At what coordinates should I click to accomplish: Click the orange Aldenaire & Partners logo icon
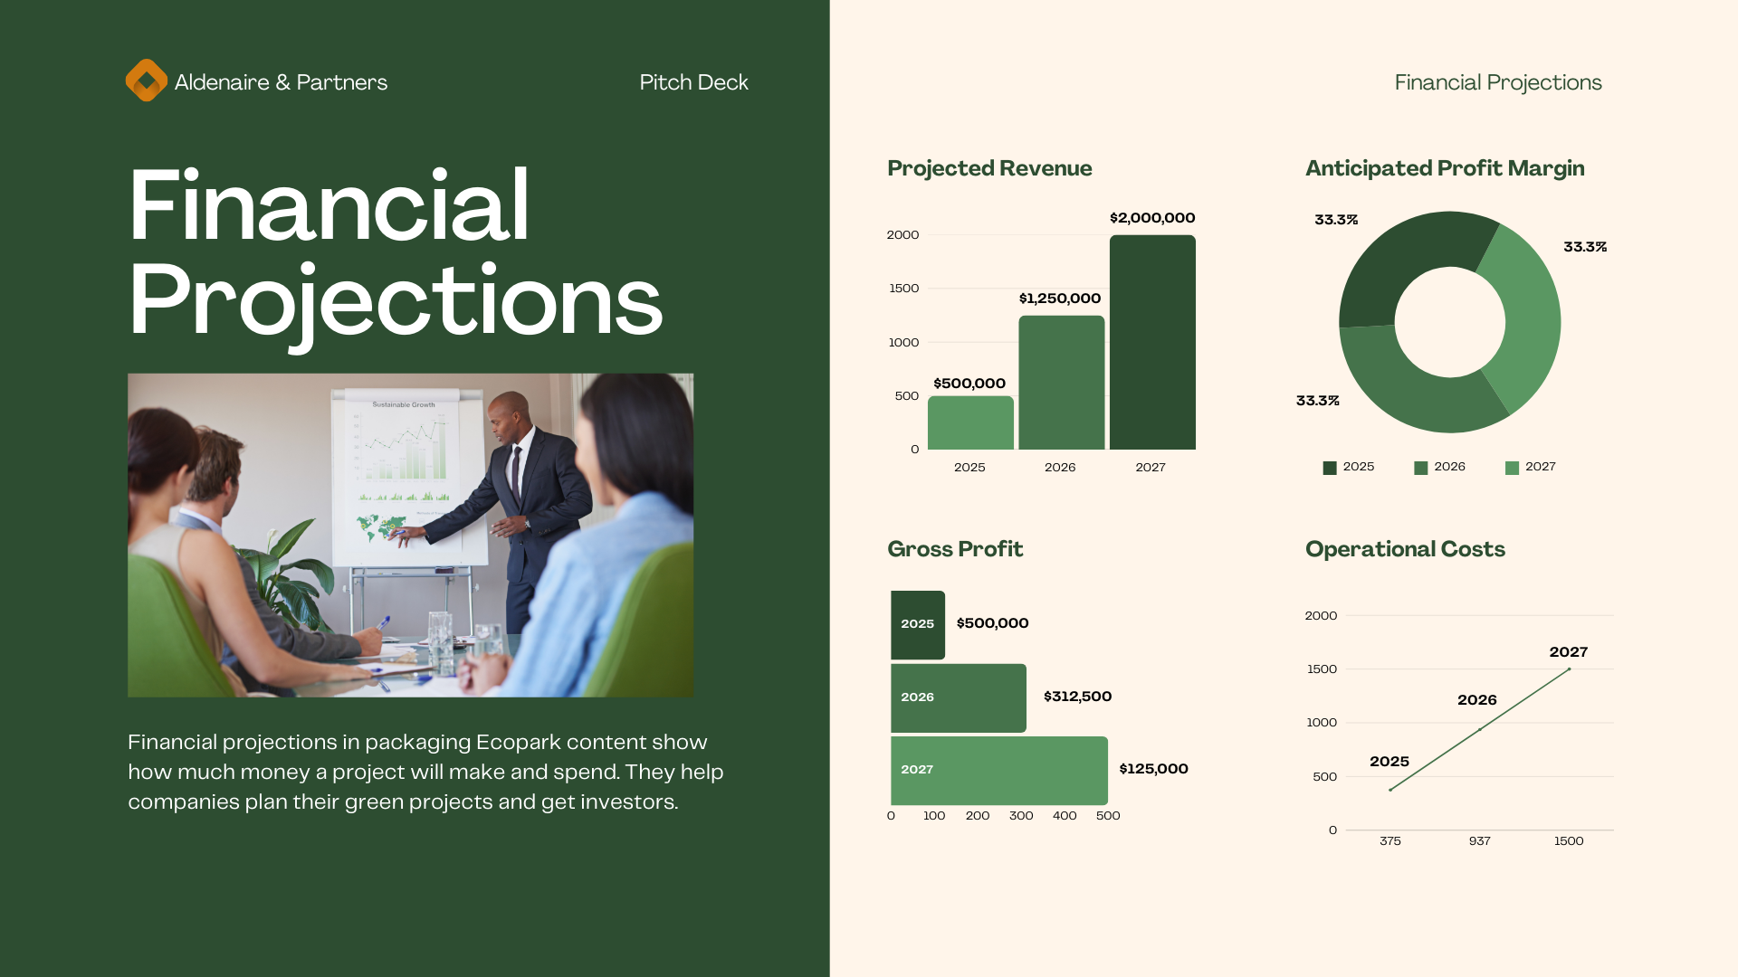click(147, 81)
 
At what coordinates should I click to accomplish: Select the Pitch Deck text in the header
click(693, 82)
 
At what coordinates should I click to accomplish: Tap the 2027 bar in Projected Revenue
click(1152, 342)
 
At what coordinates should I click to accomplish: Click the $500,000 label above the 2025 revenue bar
click(969, 384)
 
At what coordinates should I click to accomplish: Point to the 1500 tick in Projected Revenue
click(903, 289)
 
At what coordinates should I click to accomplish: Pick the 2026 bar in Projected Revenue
click(1062, 383)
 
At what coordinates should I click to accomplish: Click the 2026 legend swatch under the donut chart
click(1420, 468)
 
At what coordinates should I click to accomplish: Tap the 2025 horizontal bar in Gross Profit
click(918, 625)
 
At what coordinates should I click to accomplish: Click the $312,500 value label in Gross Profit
click(1077, 697)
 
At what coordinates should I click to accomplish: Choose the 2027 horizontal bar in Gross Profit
click(999, 771)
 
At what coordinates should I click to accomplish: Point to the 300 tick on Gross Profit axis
click(1021, 816)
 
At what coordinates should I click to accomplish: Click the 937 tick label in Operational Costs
click(1479, 841)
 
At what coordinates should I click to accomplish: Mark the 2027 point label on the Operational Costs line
click(1568, 652)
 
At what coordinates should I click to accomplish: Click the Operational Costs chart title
click(1405, 549)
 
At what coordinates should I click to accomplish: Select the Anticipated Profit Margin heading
click(1445, 168)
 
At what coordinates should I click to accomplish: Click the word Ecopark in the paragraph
click(519, 743)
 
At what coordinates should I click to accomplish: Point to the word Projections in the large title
click(396, 301)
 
